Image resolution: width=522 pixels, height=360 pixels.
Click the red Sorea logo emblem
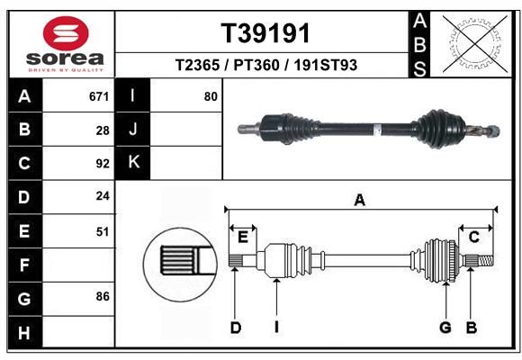click(66, 33)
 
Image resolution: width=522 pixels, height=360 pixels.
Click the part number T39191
click(265, 33)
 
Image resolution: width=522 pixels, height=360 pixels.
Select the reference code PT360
click(256, 65)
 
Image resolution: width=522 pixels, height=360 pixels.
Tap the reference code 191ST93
click(325, 65)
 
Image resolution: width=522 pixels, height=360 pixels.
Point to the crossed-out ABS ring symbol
click(475, 43)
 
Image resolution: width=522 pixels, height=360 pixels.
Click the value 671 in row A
click(99, 96)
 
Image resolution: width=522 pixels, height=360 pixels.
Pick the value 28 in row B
click(103, 130)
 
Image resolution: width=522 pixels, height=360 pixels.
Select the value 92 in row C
click(103, 164)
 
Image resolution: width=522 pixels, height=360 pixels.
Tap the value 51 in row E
click(103, 231)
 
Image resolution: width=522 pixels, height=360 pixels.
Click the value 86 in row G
click(103, 296)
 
